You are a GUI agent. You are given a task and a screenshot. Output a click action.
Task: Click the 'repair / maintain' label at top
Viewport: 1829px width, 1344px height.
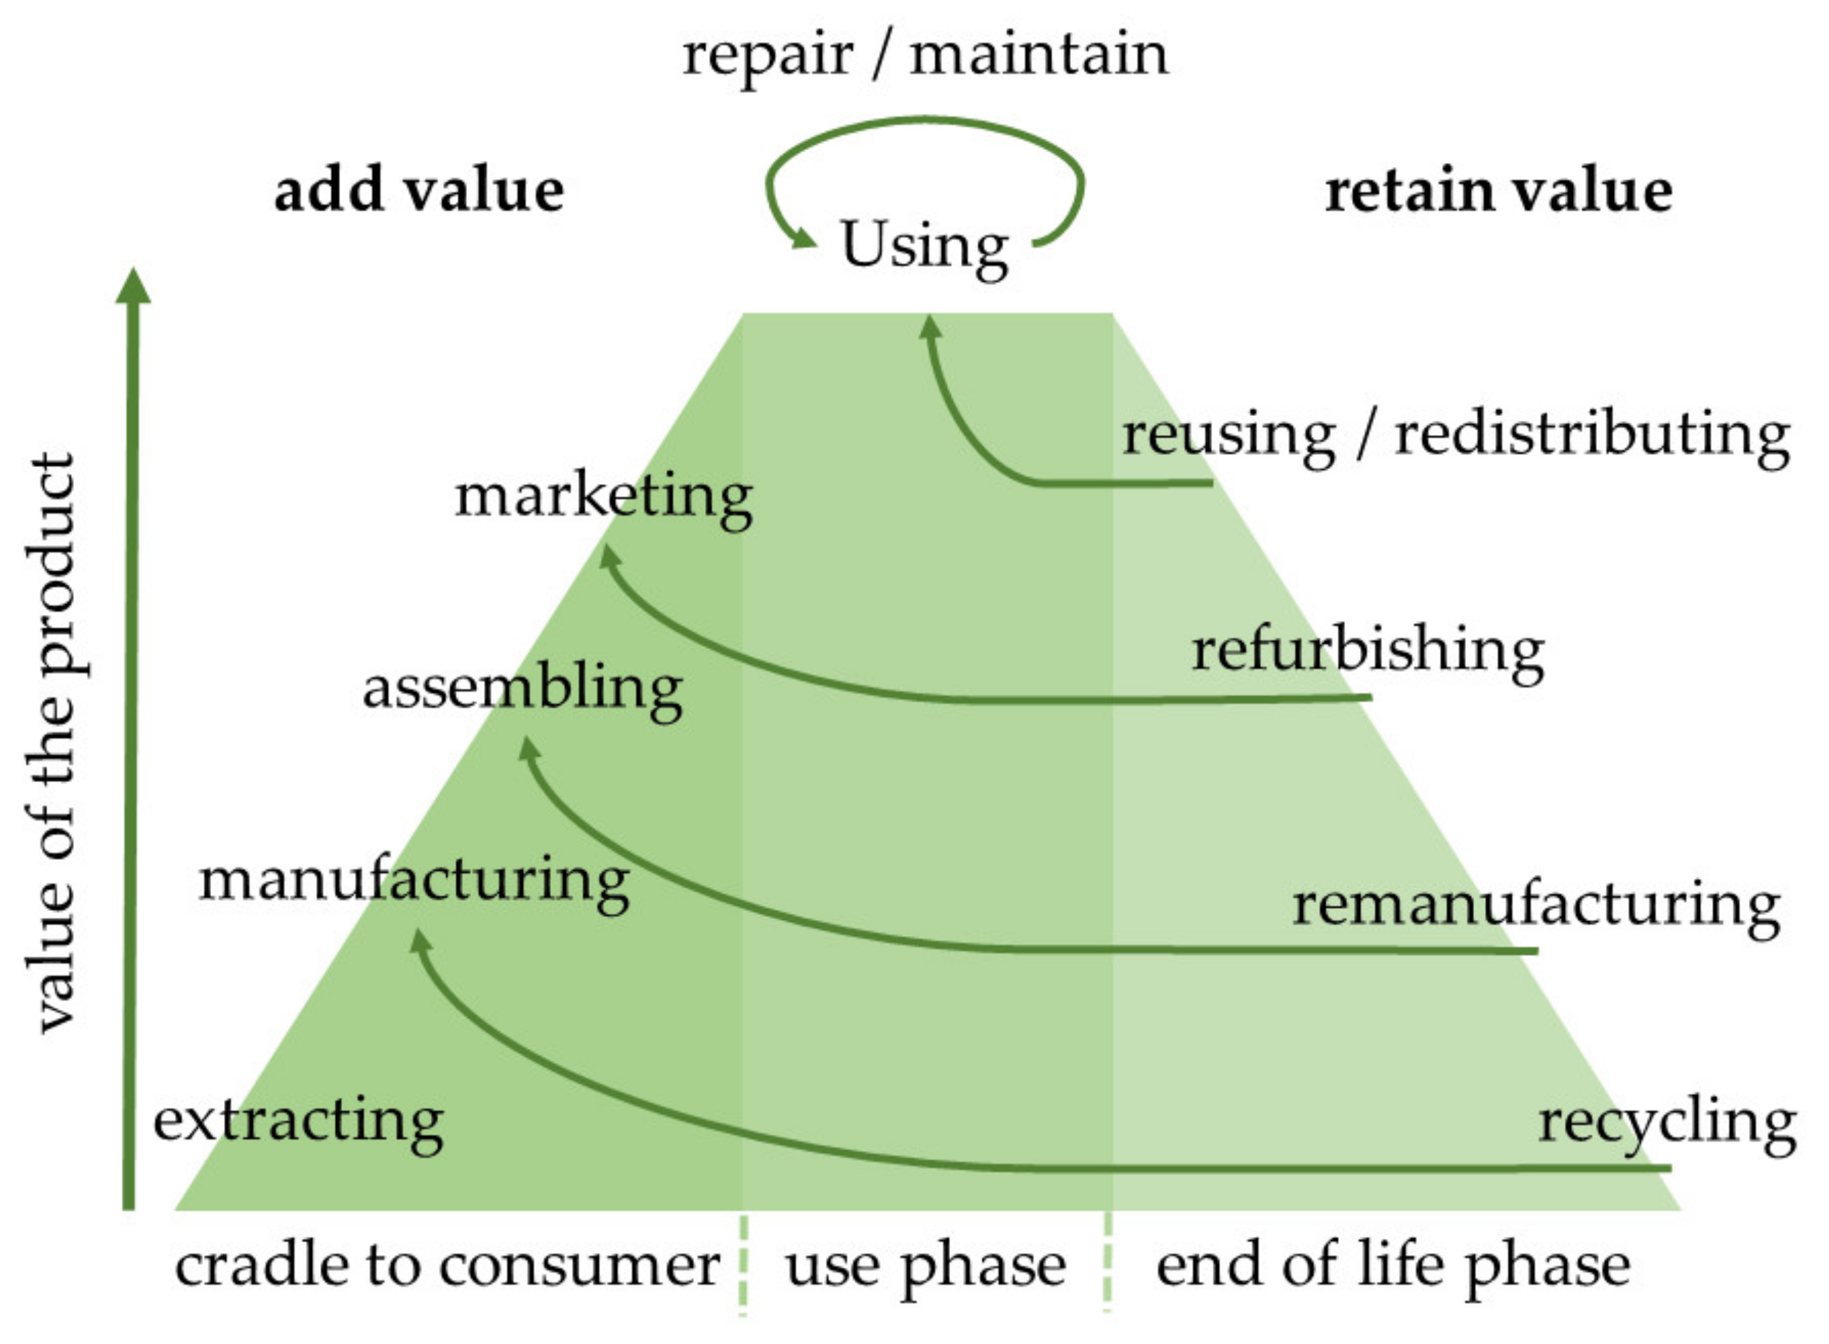924,56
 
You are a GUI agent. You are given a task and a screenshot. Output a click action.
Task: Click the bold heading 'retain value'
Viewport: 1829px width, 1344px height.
1498,192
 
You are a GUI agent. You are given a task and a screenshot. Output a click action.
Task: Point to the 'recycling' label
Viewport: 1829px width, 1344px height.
1667,1123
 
